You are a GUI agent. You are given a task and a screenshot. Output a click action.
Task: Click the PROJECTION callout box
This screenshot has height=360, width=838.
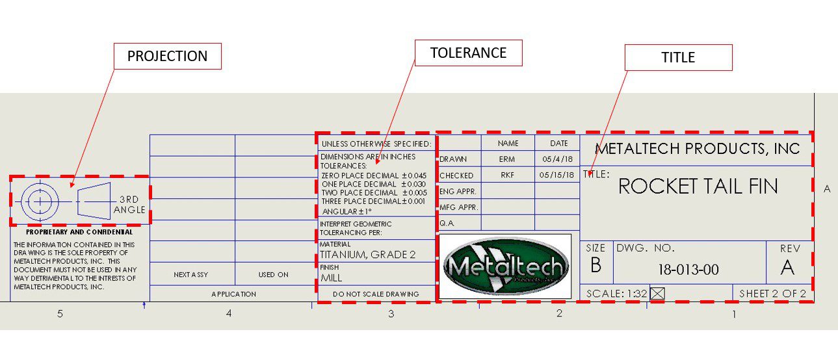tap(167, 57)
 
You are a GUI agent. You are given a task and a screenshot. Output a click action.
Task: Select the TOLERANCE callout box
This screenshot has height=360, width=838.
tap(468, 53)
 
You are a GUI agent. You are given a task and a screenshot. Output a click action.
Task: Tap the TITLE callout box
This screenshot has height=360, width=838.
tap(678, 57)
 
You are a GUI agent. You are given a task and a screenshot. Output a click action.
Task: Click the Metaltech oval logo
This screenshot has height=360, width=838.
tap(506, 266)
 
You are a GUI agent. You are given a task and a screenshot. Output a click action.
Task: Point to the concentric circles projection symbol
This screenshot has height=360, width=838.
tap(40, 201)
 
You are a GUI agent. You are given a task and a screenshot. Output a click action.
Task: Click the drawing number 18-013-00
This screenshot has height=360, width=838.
tap(688, 270)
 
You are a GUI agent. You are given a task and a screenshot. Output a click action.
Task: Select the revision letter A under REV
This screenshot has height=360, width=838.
tap(787, 267)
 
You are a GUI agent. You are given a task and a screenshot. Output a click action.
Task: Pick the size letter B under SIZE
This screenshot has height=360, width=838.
tap(596, 265)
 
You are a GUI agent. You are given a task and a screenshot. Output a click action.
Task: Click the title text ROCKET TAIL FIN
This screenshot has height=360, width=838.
tap(698, 186)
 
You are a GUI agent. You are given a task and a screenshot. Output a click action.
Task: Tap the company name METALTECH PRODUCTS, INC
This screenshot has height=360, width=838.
tap(697, 149)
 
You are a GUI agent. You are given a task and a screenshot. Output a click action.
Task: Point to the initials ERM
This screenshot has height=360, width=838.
tap(507, 159)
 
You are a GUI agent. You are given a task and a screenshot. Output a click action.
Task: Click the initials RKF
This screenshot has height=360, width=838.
tap(507, 175)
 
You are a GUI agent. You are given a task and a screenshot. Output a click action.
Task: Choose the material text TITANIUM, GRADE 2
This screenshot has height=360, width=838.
tap(367, 255)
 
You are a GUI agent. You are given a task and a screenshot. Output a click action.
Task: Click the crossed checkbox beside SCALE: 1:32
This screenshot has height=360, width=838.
tap(657, 294)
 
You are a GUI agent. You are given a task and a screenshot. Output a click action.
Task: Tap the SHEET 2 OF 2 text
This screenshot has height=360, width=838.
tap(772, 294)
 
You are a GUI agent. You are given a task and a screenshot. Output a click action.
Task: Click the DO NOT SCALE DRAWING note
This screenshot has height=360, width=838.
tap(376, 294)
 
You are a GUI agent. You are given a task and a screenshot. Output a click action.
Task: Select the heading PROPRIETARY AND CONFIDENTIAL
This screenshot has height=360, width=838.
tap(79, 232)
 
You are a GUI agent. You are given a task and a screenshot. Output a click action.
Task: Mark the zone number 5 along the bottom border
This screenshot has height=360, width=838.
tap(60, 314)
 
